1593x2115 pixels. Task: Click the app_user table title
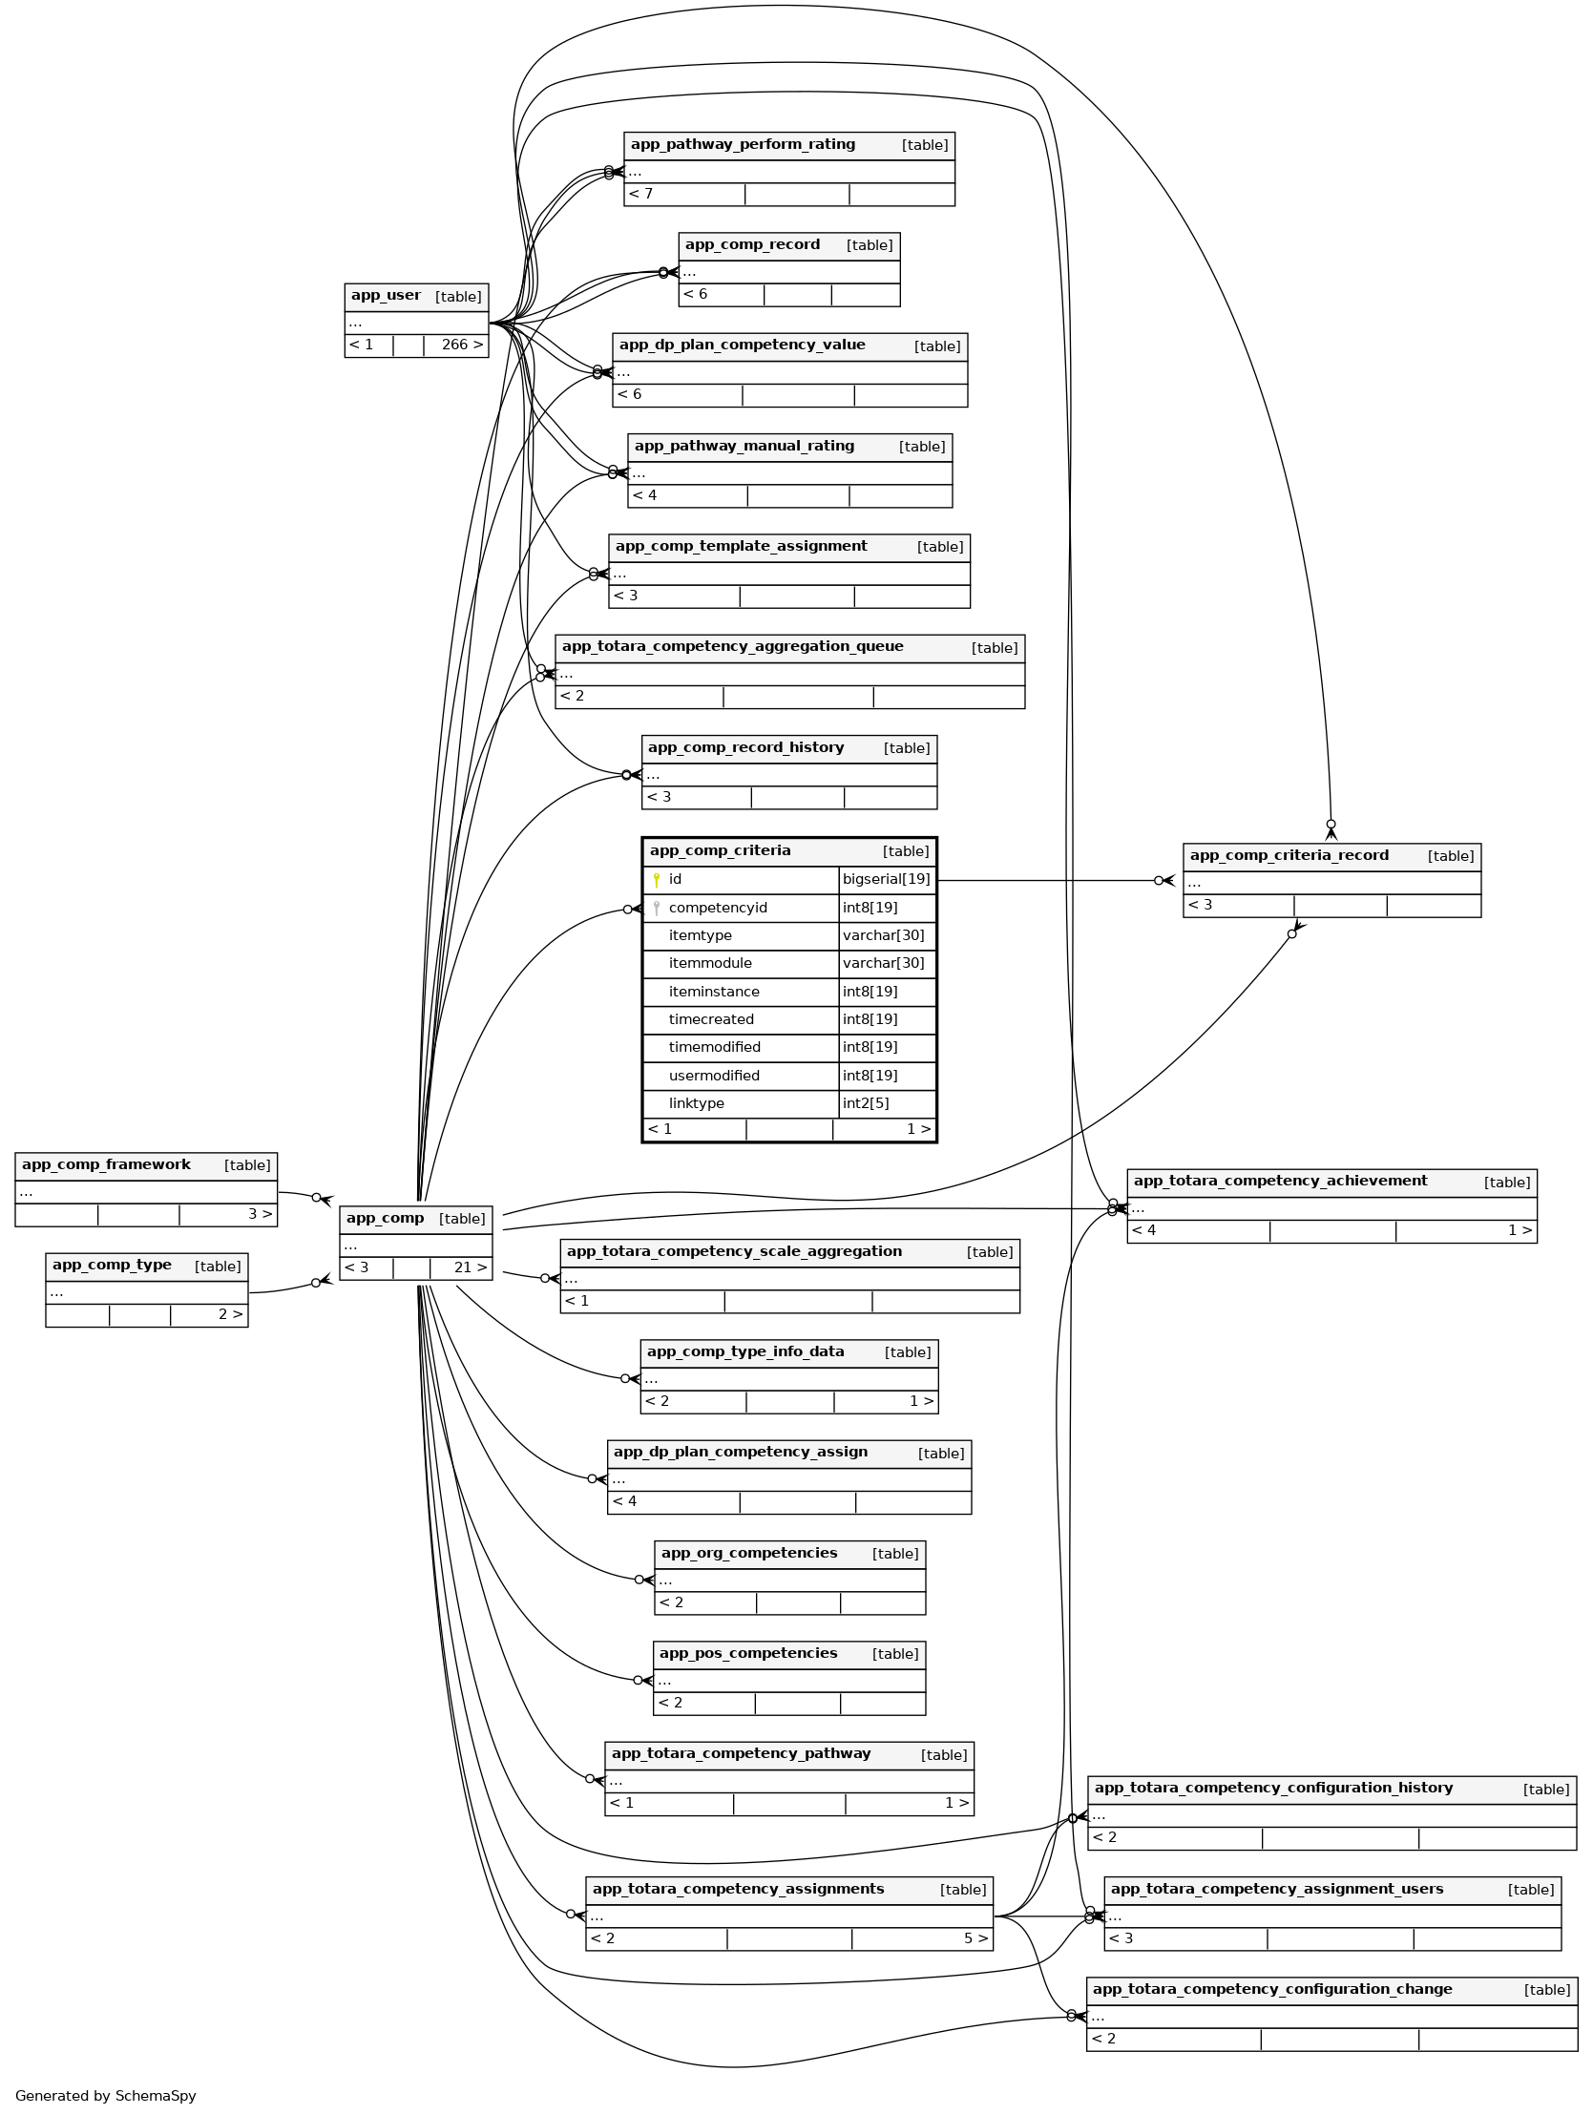(x=386, y=296)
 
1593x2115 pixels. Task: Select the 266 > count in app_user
(x=461, y=345)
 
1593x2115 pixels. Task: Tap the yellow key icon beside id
(x=656, y=880)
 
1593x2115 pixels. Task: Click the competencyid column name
(x=717, y=908)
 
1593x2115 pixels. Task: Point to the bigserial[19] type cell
(x=886, y=879)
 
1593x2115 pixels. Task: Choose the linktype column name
(x=696, y=1103)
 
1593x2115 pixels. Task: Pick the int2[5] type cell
(x=866, y=1103)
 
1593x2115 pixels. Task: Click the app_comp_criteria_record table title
(x=1288, y=856)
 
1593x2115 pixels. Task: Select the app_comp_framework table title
(x=106, y=1164)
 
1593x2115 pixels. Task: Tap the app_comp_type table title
(x=112, y=1265)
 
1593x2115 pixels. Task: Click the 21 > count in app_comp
(x=470, y=1267)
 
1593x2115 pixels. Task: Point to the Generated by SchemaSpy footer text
(x=105, y=2096)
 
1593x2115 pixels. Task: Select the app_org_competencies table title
(x=748, y=1553)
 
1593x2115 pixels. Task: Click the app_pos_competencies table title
(x=747, y=1653)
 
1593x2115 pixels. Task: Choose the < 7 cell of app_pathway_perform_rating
(x=641, y=194)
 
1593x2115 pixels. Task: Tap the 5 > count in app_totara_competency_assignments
(x=975, y=1938)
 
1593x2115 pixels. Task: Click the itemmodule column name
(x=709, y=963)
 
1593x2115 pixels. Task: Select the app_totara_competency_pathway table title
(x=740, y=1753)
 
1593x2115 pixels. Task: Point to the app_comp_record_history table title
(x=745, y=747)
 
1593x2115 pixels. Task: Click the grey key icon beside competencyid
(x=656, y=908)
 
